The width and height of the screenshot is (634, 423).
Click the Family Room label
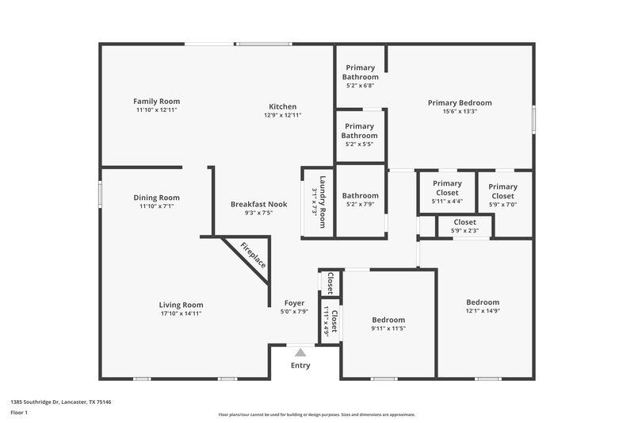[x=156, y=102]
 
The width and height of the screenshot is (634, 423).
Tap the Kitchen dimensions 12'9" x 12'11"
[x=283, y=116]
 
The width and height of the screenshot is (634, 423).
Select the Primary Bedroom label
[x=460, y=102]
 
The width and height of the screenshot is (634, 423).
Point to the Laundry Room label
[x=318, y=202]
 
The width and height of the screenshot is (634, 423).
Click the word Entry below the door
[x=300, y=366]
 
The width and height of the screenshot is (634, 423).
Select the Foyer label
[x=295, y=303]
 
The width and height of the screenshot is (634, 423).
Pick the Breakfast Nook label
[x=258, y=204]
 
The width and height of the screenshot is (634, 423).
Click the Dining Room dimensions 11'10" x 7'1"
[x=156, y=206]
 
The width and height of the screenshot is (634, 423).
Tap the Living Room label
[x=181, y=305]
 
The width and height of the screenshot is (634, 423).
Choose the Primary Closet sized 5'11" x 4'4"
[x=447, y=188]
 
